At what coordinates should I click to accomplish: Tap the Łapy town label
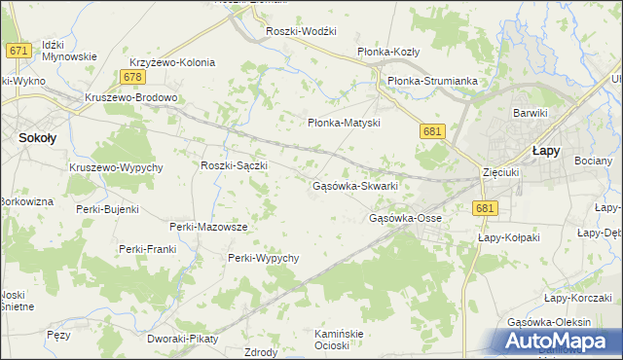click(x=545, y=151)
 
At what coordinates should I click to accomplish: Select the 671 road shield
click(x=17, y=51)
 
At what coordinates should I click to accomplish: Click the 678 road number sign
click(x=134, y=77)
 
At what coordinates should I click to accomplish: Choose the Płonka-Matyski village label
click(x=343, y=124)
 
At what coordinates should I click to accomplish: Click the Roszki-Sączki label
click(x=234, y=166)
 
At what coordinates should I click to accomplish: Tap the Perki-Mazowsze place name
click(x=208, y=227)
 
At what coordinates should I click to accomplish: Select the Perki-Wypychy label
click(x=263, y=258)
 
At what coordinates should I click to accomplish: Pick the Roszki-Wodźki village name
click(x=301, y=31)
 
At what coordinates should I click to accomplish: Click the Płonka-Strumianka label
click(x=432, y=81)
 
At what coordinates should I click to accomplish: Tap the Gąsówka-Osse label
click(x=406, y=218)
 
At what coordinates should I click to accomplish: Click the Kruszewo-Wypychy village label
click(x=116, y=167)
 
